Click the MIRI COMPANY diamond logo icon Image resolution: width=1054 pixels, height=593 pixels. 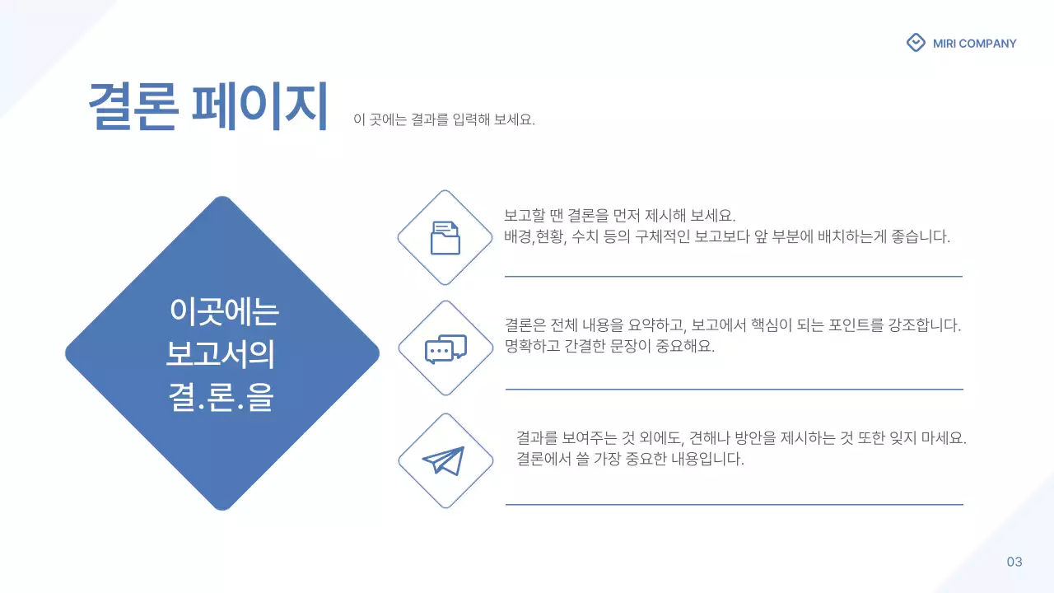[x=916, y=43]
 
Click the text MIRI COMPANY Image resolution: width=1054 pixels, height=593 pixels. [x=975, y=44]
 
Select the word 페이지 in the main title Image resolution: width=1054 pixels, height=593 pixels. [x=259, y=106]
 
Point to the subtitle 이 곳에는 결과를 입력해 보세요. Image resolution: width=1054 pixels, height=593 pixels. [x=444, y=119]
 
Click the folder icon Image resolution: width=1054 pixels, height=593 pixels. [x=445, y=238]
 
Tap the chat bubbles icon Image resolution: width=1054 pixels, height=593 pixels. [x=445, y=348]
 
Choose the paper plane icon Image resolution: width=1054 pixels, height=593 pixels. [x=444, y=460]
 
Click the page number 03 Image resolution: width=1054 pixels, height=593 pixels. [x=1014, y=562]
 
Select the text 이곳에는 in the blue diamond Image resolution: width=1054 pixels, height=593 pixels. [x=224, y=311]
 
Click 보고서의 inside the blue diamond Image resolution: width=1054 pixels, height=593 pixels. [x=220, y=355]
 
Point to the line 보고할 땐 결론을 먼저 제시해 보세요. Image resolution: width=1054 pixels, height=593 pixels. [x=618, y=216]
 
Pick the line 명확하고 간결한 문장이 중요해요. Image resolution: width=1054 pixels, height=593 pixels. [x=609, y=346]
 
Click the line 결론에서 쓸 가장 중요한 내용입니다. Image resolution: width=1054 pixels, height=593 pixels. [x=630, y=459]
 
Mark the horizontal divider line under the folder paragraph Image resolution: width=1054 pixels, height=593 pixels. [x=733, y=277]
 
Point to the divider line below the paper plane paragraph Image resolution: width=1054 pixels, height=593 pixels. [x=734, y=504]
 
